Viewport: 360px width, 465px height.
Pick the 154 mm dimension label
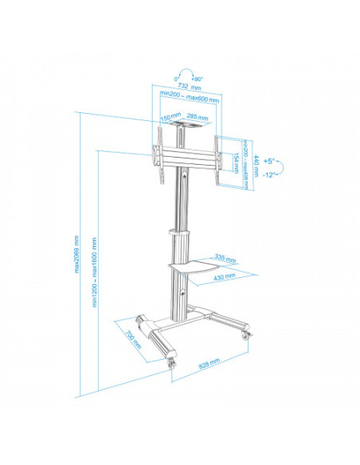[x=236, y=162]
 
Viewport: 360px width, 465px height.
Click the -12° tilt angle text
[x=269, y=174]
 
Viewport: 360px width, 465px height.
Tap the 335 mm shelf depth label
[x=226, y=258]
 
